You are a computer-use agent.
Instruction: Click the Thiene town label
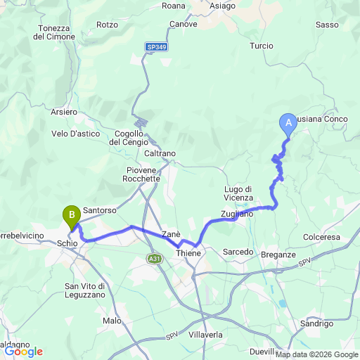[x=188, y=253]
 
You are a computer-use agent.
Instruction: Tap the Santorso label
[x=99, y=210]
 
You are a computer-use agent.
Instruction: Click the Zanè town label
[x=172, y=233]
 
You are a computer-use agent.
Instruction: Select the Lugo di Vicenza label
[x=238, y=193]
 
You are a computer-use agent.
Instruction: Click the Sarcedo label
[x=238, y=251]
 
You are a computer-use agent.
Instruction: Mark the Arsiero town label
[x=64, y=112]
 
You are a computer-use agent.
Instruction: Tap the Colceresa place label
[x=322, y=237]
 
